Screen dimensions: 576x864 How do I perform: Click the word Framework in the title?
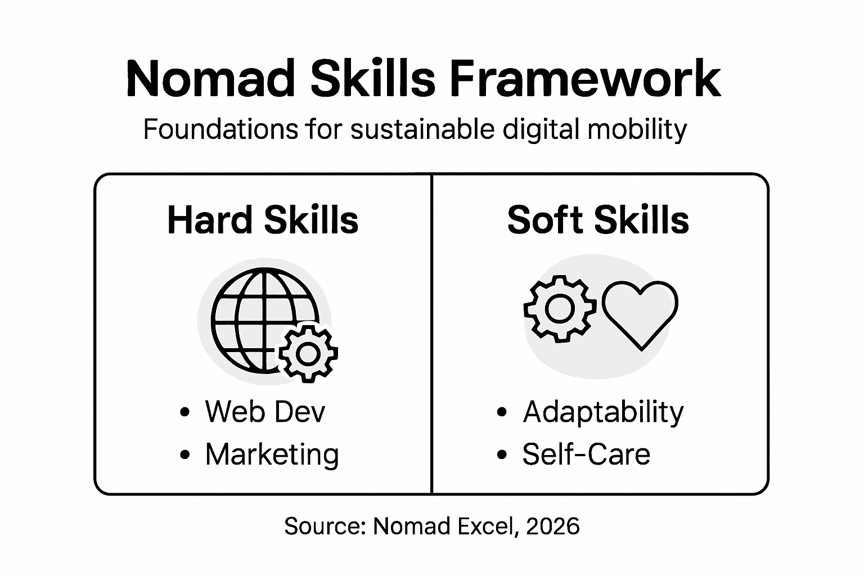point(585,79)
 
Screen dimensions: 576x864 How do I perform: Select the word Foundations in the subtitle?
point(220,129)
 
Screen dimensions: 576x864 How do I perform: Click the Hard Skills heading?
point(263,220)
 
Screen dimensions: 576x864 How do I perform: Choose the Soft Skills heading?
point(598,220)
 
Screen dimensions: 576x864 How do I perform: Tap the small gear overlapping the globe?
point(308,353)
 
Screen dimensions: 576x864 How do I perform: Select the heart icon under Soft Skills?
point(640,313)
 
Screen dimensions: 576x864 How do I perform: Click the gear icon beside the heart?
point(559,309)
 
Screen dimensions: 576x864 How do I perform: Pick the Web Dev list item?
point(265,412)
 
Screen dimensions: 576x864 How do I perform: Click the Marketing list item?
point(272,454)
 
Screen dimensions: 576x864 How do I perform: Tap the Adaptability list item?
point(603,412)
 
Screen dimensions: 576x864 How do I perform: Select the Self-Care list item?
point(586,454)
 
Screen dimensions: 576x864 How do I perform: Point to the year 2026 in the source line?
point(553,526)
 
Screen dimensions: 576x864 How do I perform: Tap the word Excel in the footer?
point(486,526)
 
